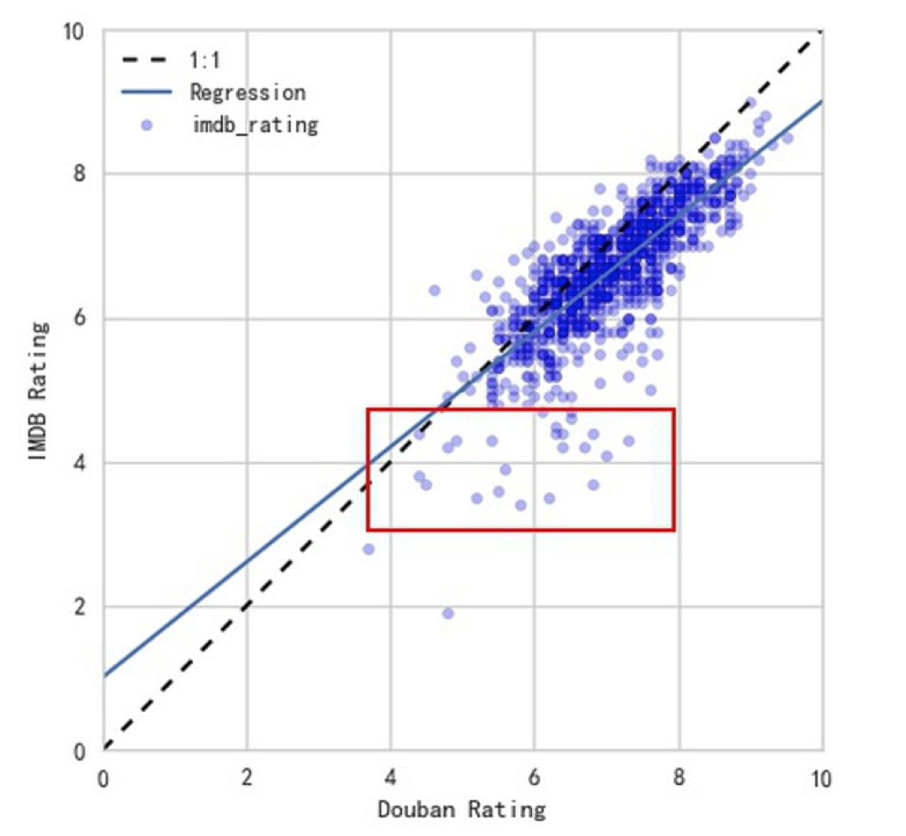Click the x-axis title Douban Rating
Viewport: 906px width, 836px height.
(462, 809)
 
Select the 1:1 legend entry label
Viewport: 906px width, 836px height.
(205, 60)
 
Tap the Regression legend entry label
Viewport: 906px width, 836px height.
(247, 92)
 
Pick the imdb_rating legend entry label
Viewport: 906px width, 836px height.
(255, 125)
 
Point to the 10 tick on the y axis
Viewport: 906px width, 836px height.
(73, 32)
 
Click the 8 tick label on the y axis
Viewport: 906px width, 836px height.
(78, 173)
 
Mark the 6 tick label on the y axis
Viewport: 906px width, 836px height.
(78, 318)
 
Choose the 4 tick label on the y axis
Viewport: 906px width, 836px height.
(78, 462)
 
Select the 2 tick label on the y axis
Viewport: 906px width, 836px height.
(78, 607)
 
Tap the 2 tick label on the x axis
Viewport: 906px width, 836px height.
(247, 778)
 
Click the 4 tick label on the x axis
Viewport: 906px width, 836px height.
(390, 778)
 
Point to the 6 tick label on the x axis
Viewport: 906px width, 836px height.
(534, 778)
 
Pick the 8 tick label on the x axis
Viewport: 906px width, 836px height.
(678, 778)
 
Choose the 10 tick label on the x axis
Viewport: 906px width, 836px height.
(820, 778)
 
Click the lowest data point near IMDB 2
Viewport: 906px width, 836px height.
(448, 613)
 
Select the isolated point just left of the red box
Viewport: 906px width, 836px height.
(368, 549)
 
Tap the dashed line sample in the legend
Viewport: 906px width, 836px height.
(147, 60)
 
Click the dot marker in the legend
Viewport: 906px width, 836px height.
(147, 125)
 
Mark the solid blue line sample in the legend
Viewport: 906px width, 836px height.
(147, 92)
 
